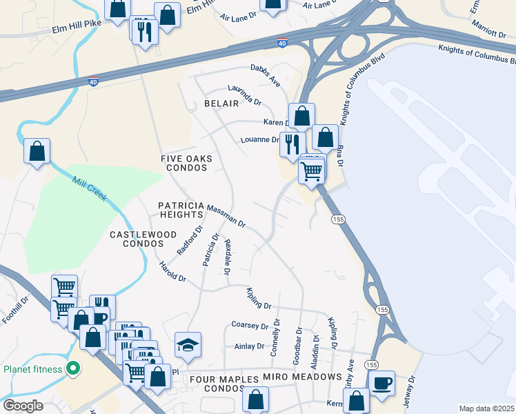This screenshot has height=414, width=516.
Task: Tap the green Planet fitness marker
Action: (72, 368)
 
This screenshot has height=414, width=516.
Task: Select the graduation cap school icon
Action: (188, 344)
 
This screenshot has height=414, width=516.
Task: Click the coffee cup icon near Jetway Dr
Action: (382, 383)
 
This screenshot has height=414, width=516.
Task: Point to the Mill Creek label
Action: (89, 188)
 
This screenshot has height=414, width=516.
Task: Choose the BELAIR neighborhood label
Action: (221, 103)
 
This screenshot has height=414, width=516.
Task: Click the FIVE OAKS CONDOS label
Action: (186, 164)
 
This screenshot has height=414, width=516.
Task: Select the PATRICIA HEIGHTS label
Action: (181, 210)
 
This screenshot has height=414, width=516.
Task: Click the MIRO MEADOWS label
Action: (302, 377)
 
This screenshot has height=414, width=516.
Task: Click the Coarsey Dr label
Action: (249, 325)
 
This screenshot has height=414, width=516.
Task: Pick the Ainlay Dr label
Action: (250, 346)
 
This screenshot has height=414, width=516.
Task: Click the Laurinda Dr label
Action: (245, 96)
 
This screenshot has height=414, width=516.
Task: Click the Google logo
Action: (23, 406)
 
